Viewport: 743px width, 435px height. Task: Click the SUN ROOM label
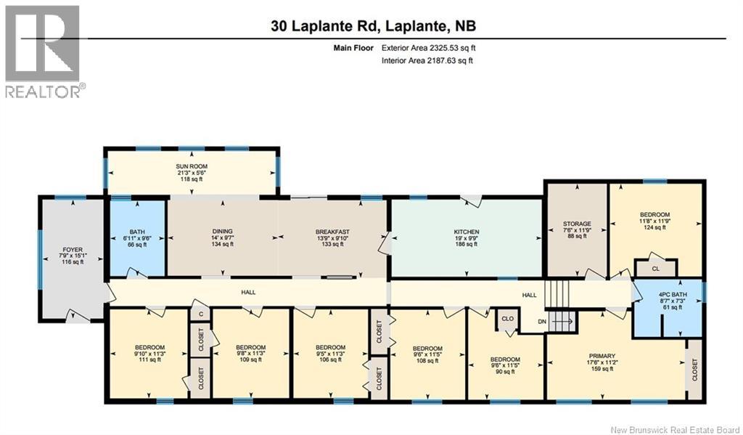pyautogui.click(x=192, y=166)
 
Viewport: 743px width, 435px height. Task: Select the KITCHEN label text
pyautogui.click(x=467, y=232)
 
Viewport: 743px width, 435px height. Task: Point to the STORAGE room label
pyautogui.click(x=578, y=224)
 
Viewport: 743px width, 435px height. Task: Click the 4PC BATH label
pyautogui.click(x=667, y=295)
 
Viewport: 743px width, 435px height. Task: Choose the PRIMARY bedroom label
pyautogui.click(x=602, y=356)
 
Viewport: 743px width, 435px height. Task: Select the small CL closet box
pyautogui.click(x=656, y=268)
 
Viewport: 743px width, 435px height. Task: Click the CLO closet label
pyautogui.click(x=505, y=318)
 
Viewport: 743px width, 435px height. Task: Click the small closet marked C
pyautogui.click(x=200, y=314)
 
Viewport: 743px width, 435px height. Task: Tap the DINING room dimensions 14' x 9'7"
pyautogui.click(x=222, y=238)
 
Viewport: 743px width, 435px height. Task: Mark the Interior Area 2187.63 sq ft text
pyautogui.click(x=427, y=61)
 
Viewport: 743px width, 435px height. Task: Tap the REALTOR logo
pyautogui.click(x=44, y=51)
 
